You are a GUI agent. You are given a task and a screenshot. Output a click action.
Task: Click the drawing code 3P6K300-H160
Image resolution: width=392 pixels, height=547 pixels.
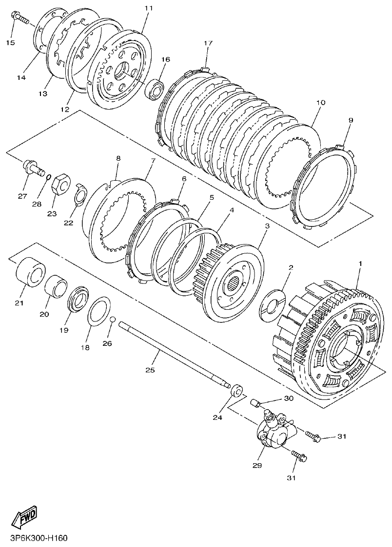tap(35, 539)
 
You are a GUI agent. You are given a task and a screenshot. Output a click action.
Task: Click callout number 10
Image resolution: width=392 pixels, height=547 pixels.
tap(320, 103)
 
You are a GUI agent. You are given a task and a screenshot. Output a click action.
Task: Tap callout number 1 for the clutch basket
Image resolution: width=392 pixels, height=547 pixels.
tap(360, 263)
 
